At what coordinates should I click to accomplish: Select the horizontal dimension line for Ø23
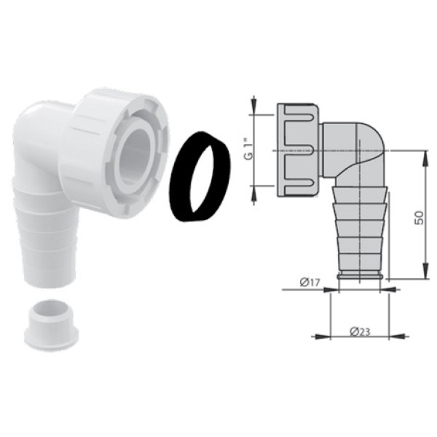coord(357,337)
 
